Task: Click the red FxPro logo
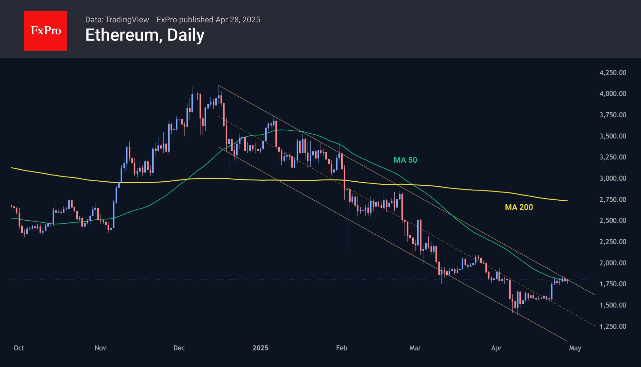tap(45, 31)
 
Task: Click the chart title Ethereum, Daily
tap(145, 35)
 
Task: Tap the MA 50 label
tap(405, 160)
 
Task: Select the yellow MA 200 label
tap(519, 207)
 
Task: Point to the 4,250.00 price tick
tap(613, 73)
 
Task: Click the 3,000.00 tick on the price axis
tap(613, 178)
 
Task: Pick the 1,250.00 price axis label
tap(613, 326)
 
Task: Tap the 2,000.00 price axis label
tap(613, 263)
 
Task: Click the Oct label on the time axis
tap(19, 348)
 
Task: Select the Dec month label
tap(179, 348)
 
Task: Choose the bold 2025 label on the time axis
tap(260, 348)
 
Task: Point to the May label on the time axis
tap(575, 348)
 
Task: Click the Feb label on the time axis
tap(341, 348)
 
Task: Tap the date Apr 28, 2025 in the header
tap(238, 20)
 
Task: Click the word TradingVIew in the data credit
tap(127, 20)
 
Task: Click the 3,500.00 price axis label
tap(613, 136)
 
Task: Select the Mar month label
tap(415, 348)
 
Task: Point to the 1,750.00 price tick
tap(613, 284)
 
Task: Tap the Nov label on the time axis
tap(100, 348)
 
